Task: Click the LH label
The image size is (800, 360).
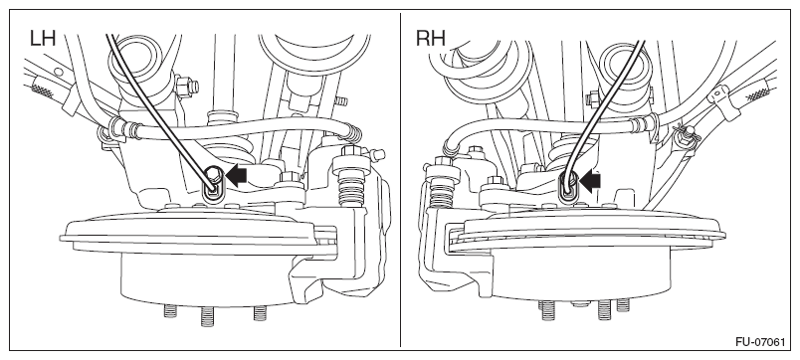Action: click(43, 39)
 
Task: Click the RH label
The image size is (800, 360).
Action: click(430, 39)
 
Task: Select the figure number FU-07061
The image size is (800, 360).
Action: click(760, 342)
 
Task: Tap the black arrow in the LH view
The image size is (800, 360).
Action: click(236, 175)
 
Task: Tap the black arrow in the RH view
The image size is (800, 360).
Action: click(589, 182)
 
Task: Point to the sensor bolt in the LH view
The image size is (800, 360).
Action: click(214, 176)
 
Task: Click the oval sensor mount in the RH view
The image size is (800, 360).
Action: click(567, 190)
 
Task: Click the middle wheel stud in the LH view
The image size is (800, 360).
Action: click(207, 316)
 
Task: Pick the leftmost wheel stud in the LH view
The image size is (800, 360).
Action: click(170, 310)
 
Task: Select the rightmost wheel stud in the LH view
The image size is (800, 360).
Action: click(260, 312)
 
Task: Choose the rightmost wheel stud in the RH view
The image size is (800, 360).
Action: click(623, 305)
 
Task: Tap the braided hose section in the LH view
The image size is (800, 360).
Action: click(43, 90)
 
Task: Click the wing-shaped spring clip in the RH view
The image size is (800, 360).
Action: click(685, 134)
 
